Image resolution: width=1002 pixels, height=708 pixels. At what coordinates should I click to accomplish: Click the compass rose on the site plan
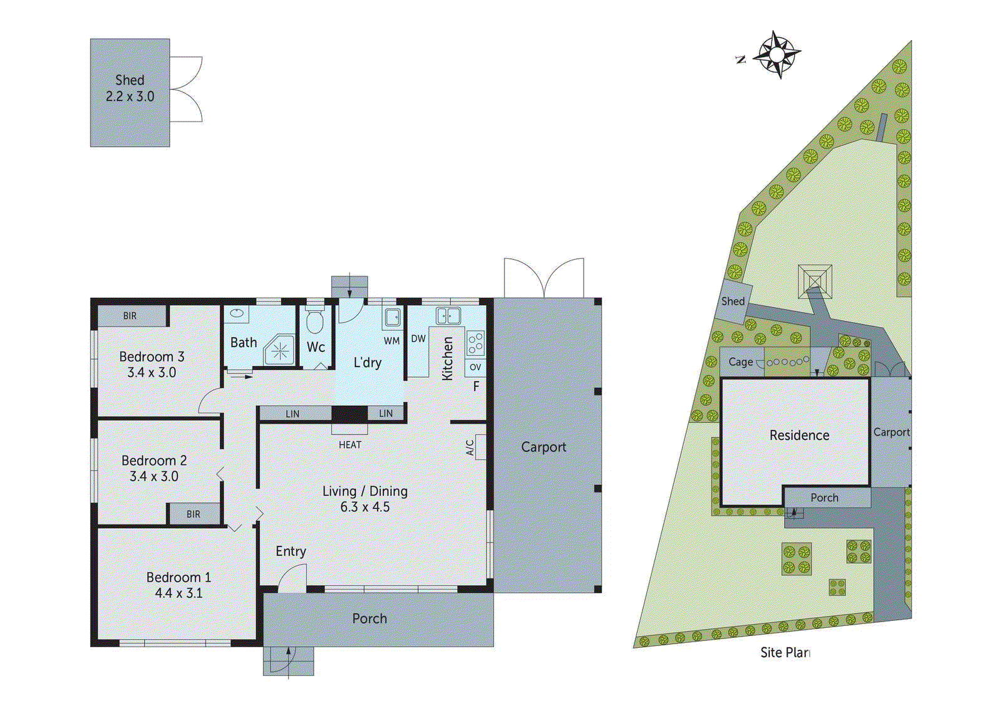(x=777, y=55)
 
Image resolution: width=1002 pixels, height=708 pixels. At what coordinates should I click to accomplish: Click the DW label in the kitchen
(x=418, y=339)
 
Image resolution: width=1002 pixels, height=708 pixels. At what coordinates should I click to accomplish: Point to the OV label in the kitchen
(x=475, y=367)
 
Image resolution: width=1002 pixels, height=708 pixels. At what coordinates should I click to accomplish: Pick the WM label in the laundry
(x=391, y=341)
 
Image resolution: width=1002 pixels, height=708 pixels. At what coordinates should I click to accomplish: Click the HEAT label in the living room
(x=349, y=445)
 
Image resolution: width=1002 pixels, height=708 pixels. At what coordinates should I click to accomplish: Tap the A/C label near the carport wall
(x=470, y=447)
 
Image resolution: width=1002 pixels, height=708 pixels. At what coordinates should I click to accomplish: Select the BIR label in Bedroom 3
(x=130, y=316)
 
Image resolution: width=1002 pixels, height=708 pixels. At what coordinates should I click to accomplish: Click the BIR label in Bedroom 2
(x=194, y=514)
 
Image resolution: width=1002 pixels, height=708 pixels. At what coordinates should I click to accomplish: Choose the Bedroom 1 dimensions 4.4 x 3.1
(x=178, y=593)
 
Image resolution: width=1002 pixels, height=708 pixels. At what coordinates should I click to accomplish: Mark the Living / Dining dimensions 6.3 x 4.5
(x=364, y=507)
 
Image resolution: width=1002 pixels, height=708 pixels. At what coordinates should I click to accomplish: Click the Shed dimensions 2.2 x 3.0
(x=130, y=96)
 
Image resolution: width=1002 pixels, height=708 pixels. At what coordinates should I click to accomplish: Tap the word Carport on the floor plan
(x=544, y=447)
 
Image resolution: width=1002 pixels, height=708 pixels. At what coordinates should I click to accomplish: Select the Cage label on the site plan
(x=740, y=362)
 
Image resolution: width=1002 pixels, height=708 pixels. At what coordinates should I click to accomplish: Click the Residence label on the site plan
(x=799, y=435)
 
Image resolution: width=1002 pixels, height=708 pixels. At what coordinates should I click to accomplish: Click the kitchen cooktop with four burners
(x=475, y=343)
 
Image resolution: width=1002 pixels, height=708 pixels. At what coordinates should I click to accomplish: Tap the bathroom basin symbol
(x=237, y=313)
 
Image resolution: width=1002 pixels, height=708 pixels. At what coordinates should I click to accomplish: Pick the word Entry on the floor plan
(x=291, y=551)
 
